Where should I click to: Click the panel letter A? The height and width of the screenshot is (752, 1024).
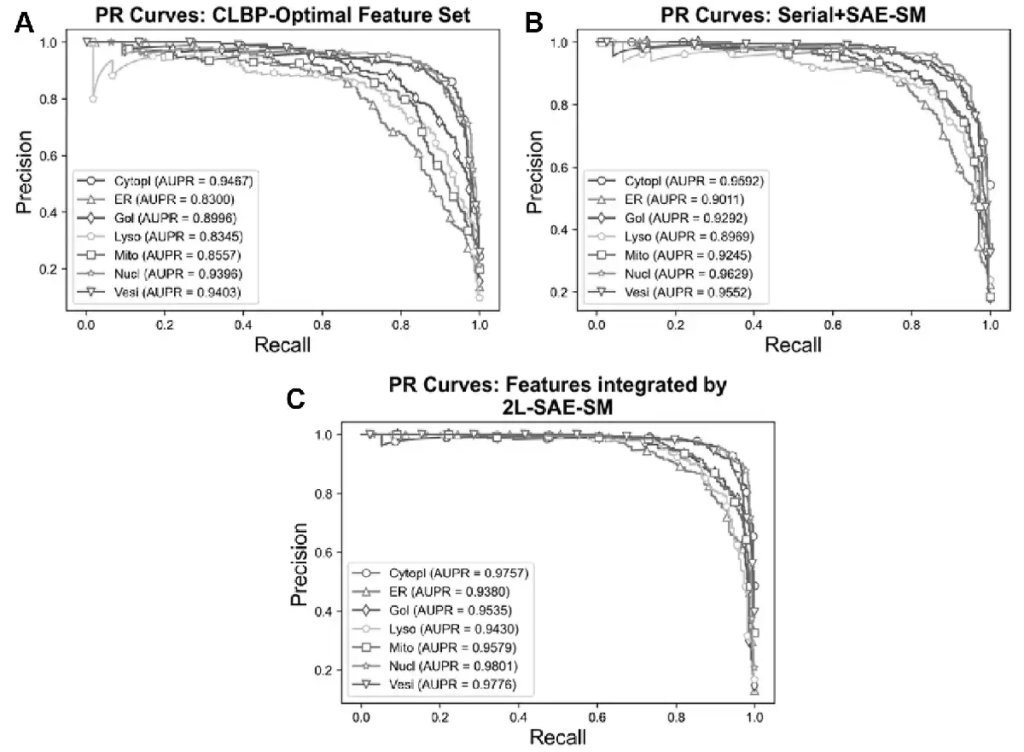click(x=26, y=23)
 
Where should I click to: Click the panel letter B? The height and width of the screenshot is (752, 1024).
click(x=534, y=23)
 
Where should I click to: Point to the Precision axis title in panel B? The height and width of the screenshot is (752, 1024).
click(x=534, y=172)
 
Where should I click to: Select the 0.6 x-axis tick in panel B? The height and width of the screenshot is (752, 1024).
click(x=833, y=325)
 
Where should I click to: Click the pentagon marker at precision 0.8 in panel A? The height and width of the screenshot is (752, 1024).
click(x=93, y=99)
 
